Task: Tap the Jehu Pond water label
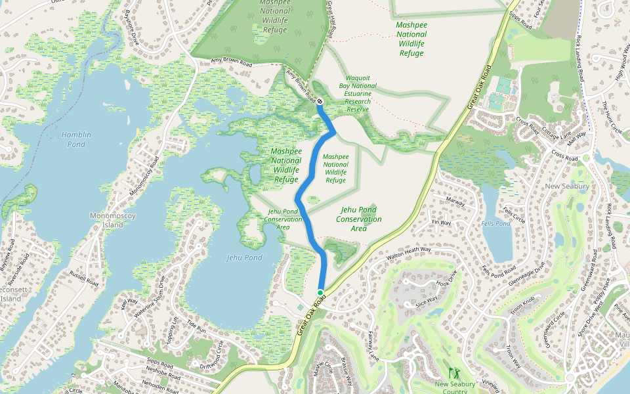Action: point(244,257)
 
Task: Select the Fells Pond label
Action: point(495,224)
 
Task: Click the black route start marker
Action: point(319,102)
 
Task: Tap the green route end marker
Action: point(320,292)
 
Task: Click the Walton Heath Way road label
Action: point(409,253)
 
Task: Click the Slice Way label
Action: point(427,303)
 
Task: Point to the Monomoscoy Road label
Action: point(144,178)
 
